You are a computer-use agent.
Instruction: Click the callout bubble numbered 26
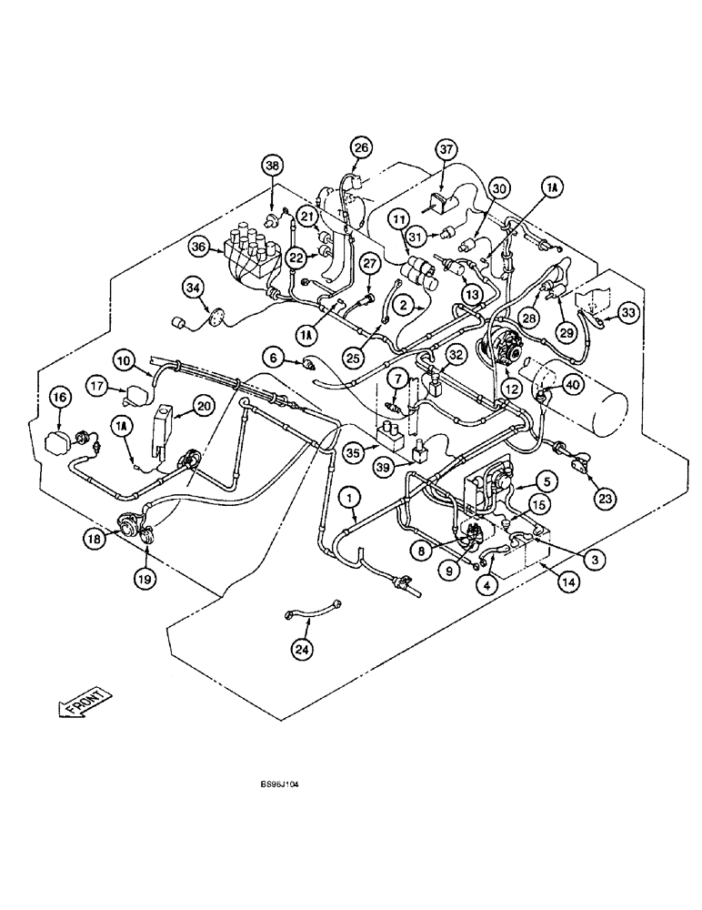click(362, 148)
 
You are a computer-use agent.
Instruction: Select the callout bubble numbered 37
click(445, 148)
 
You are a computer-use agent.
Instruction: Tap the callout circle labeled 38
click(273, 166)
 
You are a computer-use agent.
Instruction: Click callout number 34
click(193, 289)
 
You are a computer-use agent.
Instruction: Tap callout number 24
click(301, 649)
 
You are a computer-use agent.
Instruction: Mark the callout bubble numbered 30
click(497, 187)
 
